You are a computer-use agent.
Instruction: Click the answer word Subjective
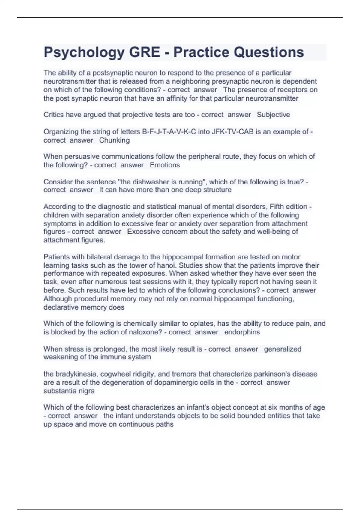[x=273, y=115]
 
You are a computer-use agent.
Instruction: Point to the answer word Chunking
[x=114, y=140]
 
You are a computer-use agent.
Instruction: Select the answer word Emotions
[x=165, y=165]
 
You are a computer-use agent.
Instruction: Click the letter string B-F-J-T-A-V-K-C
[x=169, y=132]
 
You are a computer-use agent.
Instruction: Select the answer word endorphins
[x=242, y=332]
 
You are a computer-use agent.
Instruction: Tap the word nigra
[x=86, y=391]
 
